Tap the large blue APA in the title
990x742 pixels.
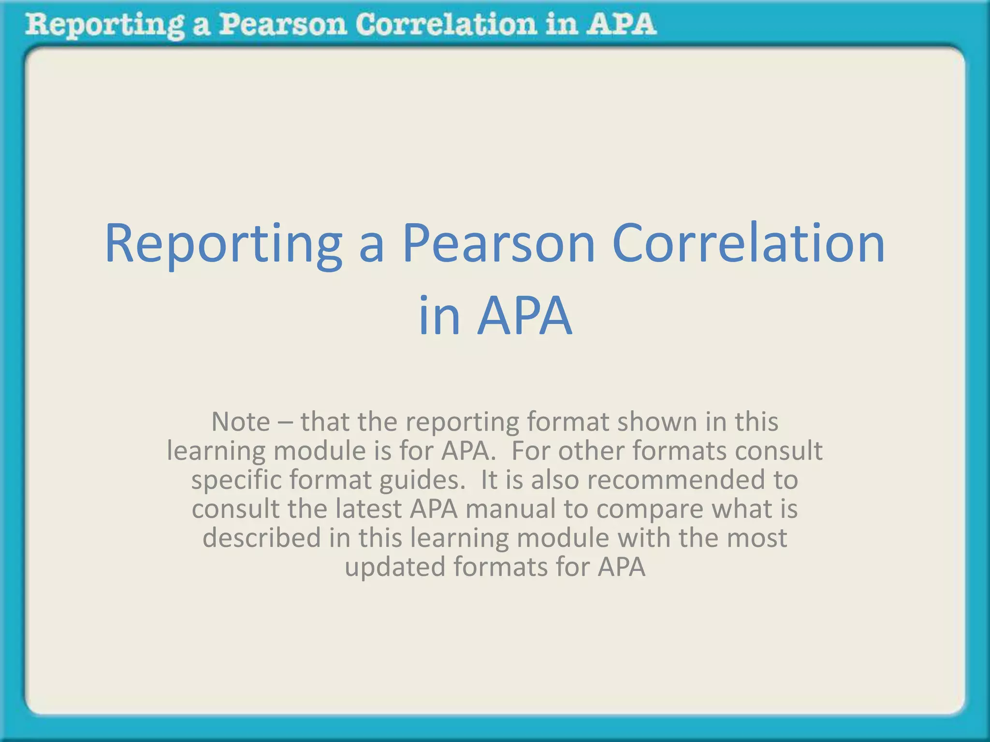pyautogui.click(x=524, y=316)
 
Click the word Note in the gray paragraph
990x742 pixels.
pyautogui.click(x=240, y=422)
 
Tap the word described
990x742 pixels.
pyautogui.click(x=262, y=538)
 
